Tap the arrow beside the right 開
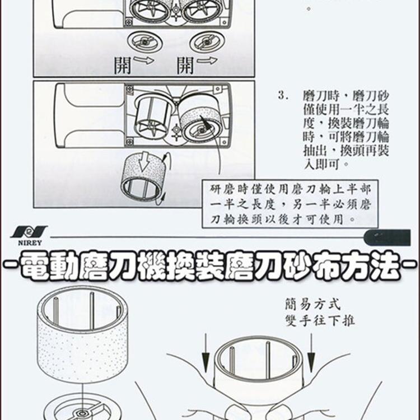207,60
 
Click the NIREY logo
27,235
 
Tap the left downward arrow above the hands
206,351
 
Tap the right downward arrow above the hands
310,351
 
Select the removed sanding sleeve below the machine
143,178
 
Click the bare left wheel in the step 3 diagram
151,118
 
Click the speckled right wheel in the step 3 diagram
200,119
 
